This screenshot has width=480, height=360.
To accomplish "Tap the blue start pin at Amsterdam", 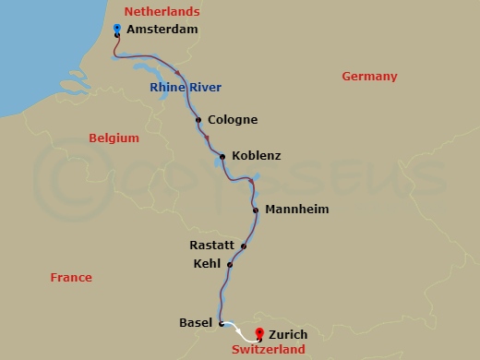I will tap(116, 30).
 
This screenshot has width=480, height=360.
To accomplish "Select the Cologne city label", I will tap(233, 120).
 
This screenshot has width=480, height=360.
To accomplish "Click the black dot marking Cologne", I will tap(198, 119).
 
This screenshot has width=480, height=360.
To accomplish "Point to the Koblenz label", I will tap(257, 156).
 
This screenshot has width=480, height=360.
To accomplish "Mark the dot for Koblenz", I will tap(222, 156).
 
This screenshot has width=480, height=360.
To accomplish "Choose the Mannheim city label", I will tap(296, 210).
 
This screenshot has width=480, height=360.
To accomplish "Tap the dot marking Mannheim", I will tap(256, 210).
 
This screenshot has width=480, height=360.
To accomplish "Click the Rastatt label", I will tap(210, 246).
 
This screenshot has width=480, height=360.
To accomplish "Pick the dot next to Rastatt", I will tap(244, 246).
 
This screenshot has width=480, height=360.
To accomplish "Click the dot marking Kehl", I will tap(230, 264).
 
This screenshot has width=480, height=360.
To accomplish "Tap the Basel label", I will tap(196, 323).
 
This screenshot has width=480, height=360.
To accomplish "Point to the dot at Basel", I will tap(222, 323).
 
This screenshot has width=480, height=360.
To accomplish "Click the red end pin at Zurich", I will tap(260, 332).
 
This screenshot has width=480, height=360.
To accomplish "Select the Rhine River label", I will tap(185, 89).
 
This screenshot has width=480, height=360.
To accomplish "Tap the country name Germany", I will tap(369, 77).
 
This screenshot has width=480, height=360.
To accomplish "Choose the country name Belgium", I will tap(114, 138).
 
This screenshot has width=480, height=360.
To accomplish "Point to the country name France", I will tap(71, 277).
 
